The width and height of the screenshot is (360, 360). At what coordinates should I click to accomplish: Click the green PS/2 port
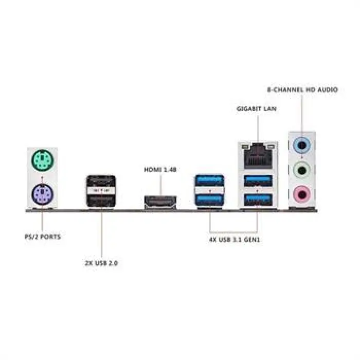point(42,160)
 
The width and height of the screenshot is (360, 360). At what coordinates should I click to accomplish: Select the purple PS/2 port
point(42,194)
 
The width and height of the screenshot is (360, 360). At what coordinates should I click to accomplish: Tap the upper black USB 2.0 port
point(101,182)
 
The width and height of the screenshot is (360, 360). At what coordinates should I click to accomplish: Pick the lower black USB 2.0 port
point(101,200)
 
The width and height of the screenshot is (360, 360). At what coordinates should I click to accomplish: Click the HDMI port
point(160,202)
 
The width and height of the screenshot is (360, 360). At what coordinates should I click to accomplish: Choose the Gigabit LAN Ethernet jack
point(258,156)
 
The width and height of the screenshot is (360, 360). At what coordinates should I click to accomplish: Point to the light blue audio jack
point(302,146)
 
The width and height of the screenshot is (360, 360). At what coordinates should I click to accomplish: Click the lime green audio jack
point(302,170)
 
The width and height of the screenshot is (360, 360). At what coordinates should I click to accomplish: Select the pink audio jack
point(302,195)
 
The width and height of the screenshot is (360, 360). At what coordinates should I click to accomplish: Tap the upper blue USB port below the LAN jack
point(258,181)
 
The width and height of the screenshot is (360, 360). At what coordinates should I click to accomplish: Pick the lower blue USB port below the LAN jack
point(258,200)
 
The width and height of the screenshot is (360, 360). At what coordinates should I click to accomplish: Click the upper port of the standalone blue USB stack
point(210,181)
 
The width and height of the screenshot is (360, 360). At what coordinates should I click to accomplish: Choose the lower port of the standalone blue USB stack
point(210,200)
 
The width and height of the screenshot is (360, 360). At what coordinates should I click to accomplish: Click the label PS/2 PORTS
point(43,237)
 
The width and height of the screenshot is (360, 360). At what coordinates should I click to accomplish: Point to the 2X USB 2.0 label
point(101,263)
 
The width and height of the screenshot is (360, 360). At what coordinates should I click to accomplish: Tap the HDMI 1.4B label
point(160,169)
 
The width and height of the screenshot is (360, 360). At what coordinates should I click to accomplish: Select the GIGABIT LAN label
point(256,109)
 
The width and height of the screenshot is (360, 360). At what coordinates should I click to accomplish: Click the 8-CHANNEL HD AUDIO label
point(302,89)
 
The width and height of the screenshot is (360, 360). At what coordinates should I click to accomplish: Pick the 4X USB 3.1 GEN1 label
point(235,240)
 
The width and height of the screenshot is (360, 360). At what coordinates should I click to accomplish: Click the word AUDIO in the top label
point(328,89)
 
